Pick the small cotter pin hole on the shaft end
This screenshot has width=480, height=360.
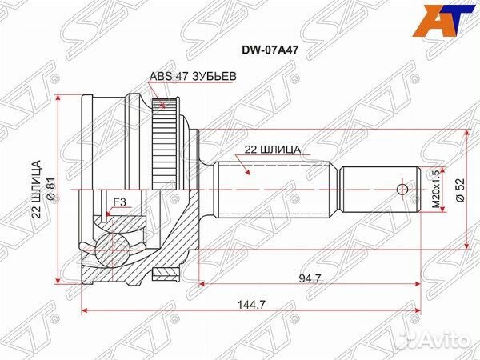(402, 189)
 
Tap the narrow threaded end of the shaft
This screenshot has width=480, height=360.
(376, 189)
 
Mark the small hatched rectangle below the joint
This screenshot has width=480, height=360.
(165, 277)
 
